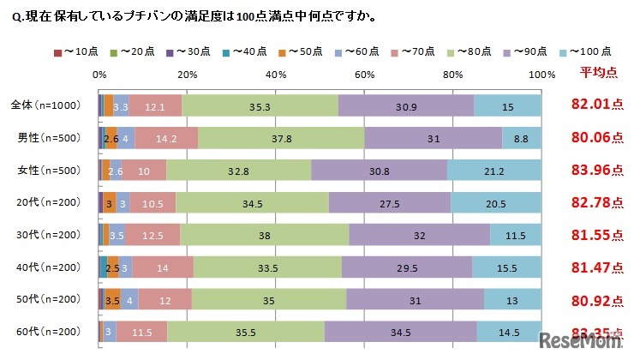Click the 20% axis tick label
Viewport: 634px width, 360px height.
pos(188,74)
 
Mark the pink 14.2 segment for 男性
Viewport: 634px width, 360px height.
pos(166,138)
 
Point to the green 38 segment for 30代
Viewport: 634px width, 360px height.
pos(265,235)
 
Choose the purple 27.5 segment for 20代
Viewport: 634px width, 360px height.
pos(390,202)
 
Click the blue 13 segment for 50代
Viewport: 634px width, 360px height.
pos(512,299)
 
